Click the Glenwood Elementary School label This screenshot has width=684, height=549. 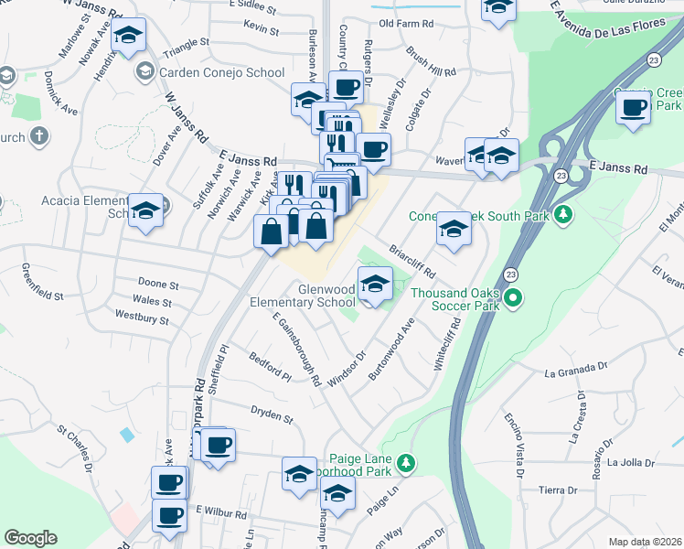[x=302, y=295]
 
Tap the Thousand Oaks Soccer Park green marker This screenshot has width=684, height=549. [x=513, y=297]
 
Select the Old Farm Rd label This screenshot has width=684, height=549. [x=405, y=23]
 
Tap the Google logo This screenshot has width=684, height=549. [x=30, y=538]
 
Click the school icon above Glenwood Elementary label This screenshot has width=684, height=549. [x=375, y=285]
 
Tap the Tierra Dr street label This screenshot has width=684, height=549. [x=559, y=490]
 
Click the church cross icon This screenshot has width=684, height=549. [x=37, y=137]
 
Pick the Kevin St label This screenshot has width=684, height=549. [x=262, y=29]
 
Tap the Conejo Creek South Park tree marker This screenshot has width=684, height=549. [x=564, y=214]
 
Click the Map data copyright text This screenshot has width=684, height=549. [x=646, y=542]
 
